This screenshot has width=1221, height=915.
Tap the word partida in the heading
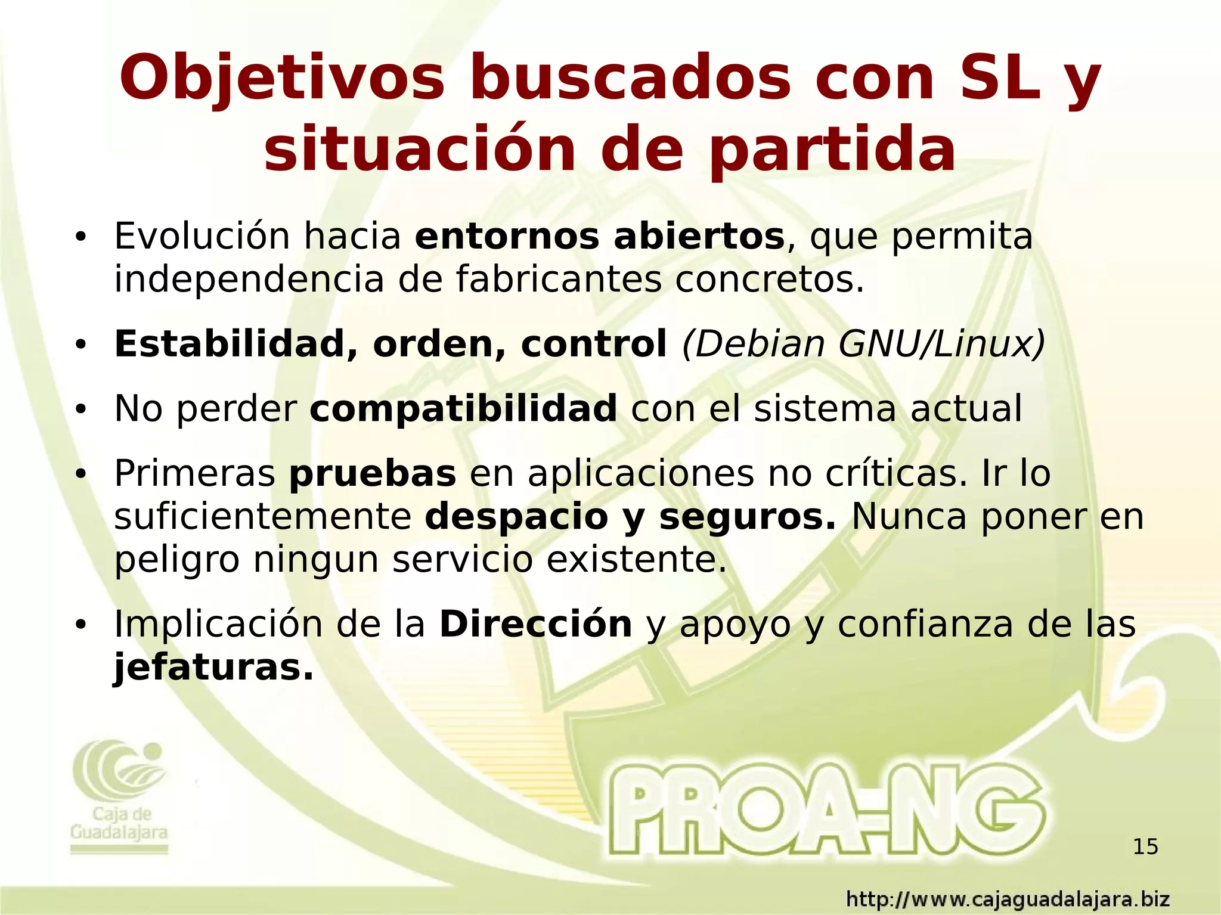click(832, 149)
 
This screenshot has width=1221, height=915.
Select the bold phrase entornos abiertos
click(599, 237)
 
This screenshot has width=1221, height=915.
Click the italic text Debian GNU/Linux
click(863, 344)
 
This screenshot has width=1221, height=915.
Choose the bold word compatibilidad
click(463, 409)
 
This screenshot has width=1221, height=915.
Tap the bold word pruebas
click(373, 474)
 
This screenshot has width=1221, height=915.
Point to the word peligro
click(176, 560)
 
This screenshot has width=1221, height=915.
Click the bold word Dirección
click(535, 624)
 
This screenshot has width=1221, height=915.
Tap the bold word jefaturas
click(213, 668)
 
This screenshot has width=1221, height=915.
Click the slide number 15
click(1145, 846)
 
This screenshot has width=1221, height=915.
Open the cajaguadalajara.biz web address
click(1008, 898)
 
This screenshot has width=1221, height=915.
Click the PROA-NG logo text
click(826, 812)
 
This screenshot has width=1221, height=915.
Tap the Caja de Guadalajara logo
click(119, 799)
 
